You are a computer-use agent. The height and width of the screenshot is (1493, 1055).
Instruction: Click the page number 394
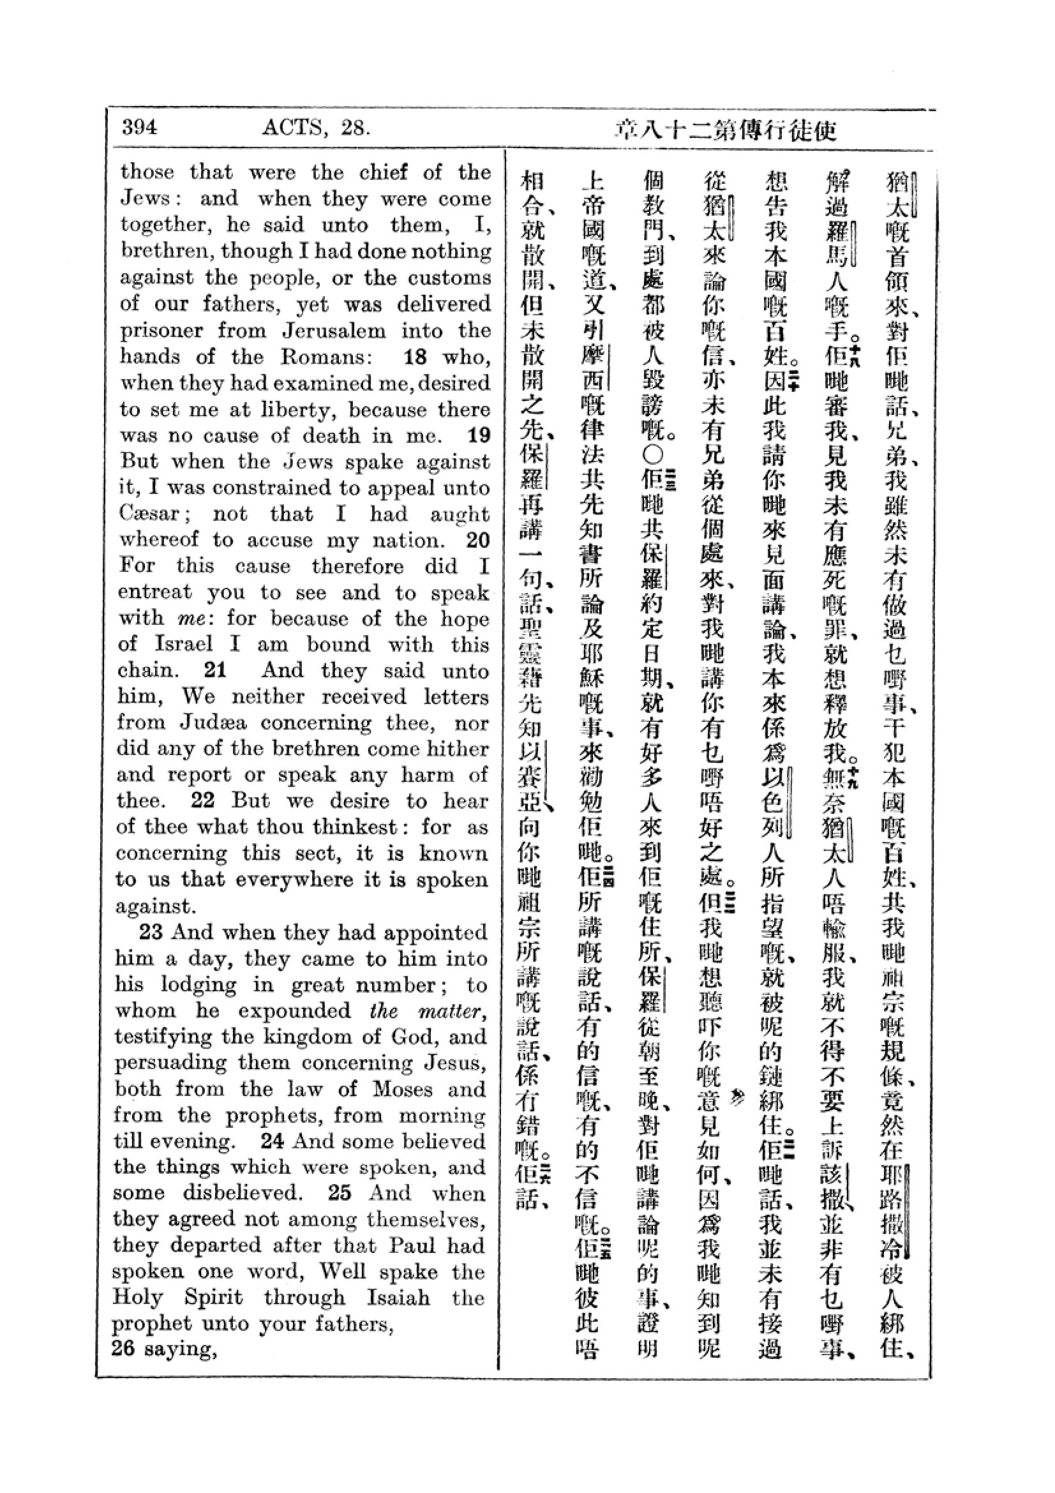pos(139,127)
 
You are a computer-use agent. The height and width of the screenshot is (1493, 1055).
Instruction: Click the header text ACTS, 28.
pos(316,128)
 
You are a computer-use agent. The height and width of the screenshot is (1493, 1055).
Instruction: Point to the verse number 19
pos(479,435)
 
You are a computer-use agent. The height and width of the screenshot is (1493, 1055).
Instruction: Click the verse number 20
pos(478,540)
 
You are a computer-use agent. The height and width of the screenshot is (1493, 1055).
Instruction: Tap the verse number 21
pos(214,670)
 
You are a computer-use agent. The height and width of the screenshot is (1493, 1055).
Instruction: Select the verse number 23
pos(151,932)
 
